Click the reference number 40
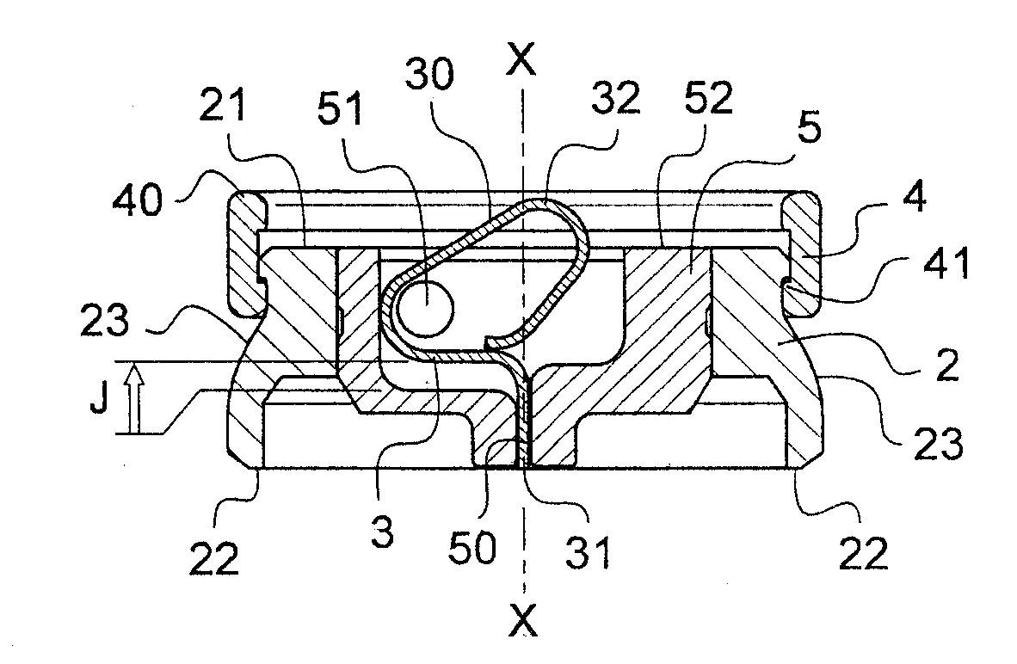tap(138, 199)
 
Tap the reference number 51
tap(339, 109)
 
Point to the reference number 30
tap(428, 75)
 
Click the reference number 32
tap(615, 98)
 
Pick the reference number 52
tap(708, 98)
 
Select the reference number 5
tap(809, 127)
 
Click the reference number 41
tap(946, 263)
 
